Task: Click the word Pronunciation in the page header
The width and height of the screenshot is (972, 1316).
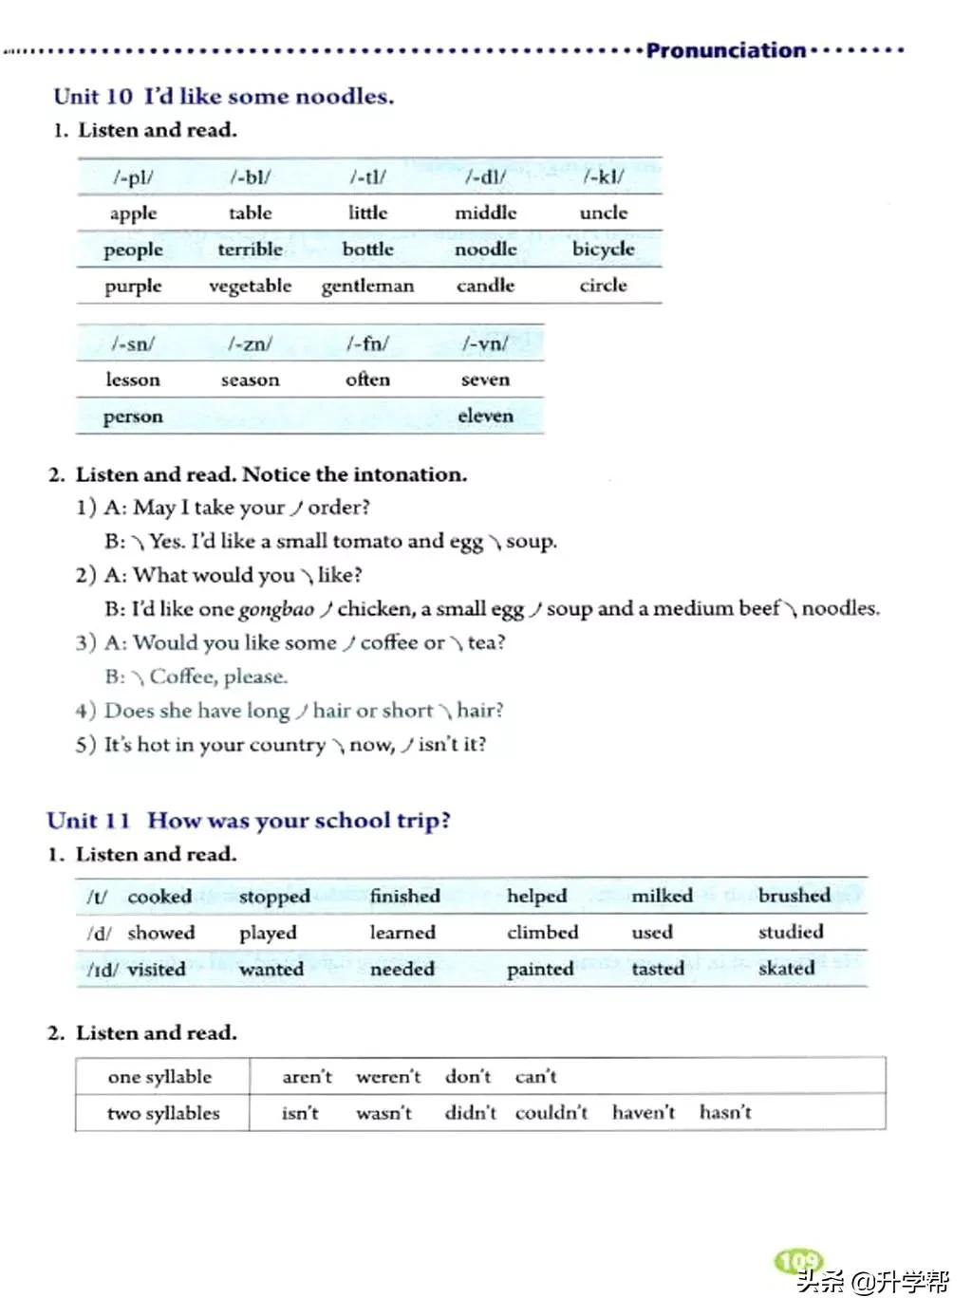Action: pos(725,50)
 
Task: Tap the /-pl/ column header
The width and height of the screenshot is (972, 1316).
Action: pos(133,176)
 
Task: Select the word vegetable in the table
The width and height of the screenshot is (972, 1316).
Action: pos(250,286)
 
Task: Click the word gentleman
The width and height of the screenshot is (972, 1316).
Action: pos(367,286)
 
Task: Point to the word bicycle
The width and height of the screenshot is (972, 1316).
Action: pos(603,249)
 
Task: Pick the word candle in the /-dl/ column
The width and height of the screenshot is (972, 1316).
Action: pos(485,286)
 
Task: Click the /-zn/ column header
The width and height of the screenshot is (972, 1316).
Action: pos(250,343)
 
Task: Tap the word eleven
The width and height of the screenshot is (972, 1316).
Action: pos(485,416)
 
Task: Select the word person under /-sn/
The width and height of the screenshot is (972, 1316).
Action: pos(133,417)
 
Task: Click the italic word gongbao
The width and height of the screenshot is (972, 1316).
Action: pos(275,609)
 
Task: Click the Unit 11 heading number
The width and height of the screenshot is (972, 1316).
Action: pos(88,821)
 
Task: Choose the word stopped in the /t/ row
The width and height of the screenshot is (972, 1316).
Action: pos(274,897)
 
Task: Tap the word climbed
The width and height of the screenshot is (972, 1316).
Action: pos(542,933)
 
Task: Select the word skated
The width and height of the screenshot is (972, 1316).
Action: pos(786,969)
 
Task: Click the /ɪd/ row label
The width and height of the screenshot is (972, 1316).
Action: pos(102,970)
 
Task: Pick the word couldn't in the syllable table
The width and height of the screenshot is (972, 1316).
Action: pos(551,1113)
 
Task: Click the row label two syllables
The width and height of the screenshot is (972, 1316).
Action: pos(163,1113)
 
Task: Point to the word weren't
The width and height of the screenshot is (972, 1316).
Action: pos(388,1077)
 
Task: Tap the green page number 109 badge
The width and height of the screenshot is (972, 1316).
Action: pos(798,1261)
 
